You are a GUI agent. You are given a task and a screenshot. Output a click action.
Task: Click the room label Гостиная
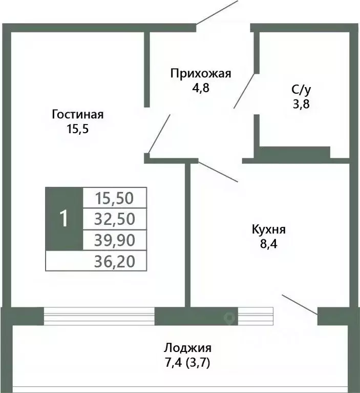point(77,114)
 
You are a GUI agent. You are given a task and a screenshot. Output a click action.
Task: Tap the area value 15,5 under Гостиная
point(77,129)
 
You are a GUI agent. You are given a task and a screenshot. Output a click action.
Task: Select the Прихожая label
point(201,73)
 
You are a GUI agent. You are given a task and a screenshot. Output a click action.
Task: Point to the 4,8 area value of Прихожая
point(201,87)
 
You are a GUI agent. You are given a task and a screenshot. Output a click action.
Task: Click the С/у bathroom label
point(301,90)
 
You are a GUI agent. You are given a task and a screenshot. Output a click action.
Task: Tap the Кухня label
point(268,229)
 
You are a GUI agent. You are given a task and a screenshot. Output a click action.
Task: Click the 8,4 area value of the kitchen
point(268,243)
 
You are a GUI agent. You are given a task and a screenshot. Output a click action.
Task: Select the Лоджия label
point(187,348)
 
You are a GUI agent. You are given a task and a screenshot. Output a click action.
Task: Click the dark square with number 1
point(63,219)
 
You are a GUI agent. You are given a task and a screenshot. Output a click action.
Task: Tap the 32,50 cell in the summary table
point(115,219)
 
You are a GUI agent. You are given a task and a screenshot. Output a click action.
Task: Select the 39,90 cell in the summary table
point(115,240)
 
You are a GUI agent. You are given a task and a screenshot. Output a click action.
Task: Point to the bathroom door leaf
point(244,91)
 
